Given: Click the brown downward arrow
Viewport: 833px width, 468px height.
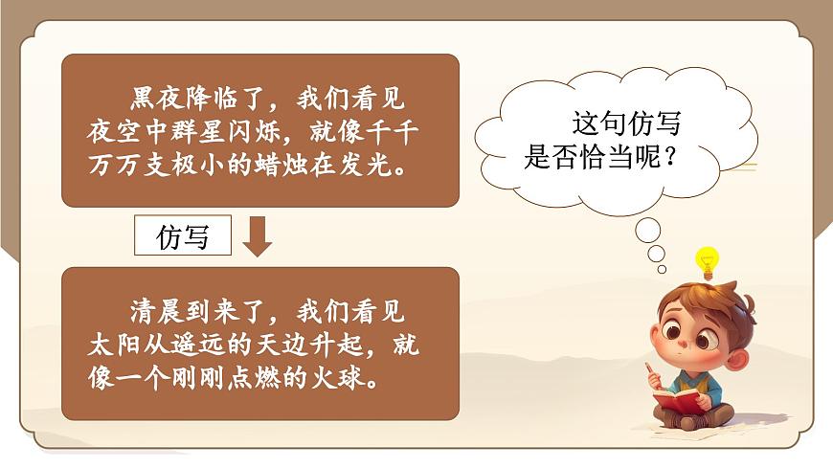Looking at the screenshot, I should point(257,236).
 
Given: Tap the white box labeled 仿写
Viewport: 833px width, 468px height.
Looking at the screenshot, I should point(183,236).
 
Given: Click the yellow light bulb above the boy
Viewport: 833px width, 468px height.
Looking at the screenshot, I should point(707,261).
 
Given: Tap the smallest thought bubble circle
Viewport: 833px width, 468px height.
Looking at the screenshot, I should point(657,254).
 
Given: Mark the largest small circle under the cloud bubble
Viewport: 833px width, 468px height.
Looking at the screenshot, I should point(648,230).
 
